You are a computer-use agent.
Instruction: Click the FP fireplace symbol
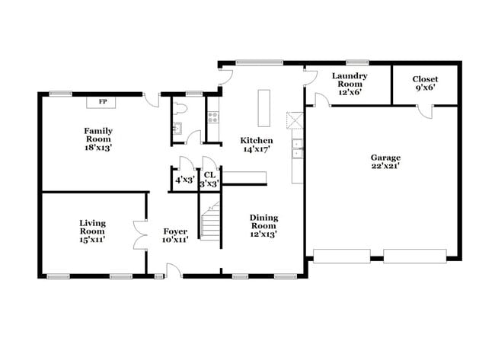pyautogui.click(x=101, y=100)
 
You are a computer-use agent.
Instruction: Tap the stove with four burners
pyautogui.click(x=213, y=117)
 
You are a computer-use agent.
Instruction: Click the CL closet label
pyautogui.click(x=209, y=175)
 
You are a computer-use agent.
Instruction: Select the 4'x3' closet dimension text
pyautogui.click(x=184, y=180)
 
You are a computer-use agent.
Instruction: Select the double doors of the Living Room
pyautogui.click(x=139, y=234)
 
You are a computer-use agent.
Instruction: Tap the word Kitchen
pyautogui.click(x=257, y=140)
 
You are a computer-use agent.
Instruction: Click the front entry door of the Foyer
pyautogui.click(x=174, y=269)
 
